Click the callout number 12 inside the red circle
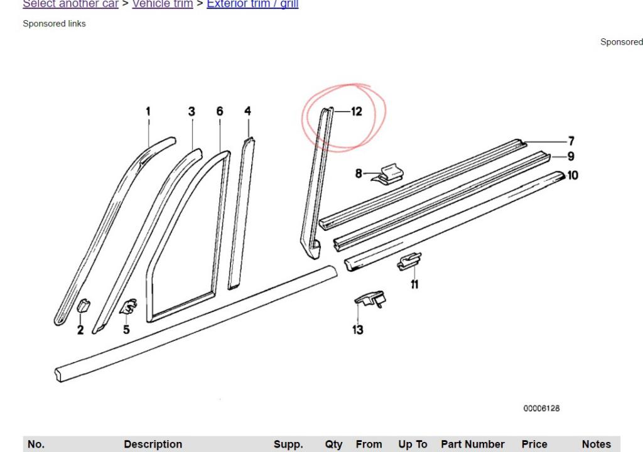coord(356,112)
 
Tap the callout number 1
coord(148,111)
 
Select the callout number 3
coord(192,111)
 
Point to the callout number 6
coord(220,111)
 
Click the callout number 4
coord(247,111)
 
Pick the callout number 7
coord(571,141)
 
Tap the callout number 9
coord(571,156)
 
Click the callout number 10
coord(572,175)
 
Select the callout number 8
coord(359,173)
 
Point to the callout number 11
coord(414,284)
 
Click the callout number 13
coord(357,330)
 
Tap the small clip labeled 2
coord(83,306)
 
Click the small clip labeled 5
coord(130,307)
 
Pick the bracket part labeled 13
coord(371,299)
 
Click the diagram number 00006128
coord(541,408)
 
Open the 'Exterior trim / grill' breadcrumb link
coord(252,4)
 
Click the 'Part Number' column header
coord(472,444)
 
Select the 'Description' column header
coord(153,444)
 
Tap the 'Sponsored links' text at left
coord(54,24)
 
